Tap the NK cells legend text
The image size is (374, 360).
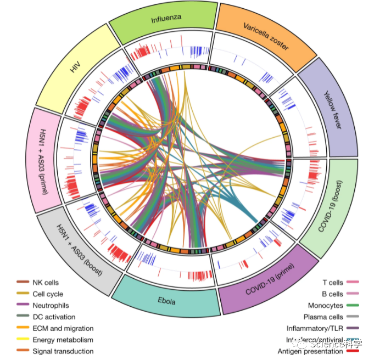click(45, 283)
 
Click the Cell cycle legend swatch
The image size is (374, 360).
click(23, 294)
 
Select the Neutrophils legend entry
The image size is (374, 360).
click(51, 305)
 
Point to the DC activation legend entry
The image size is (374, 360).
click(53, 317)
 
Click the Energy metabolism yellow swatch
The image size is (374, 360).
click(23, 340)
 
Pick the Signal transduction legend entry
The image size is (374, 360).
click(63, 351)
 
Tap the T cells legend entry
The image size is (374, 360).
click(332, 283)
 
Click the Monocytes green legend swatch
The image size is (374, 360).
click(352, 305)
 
